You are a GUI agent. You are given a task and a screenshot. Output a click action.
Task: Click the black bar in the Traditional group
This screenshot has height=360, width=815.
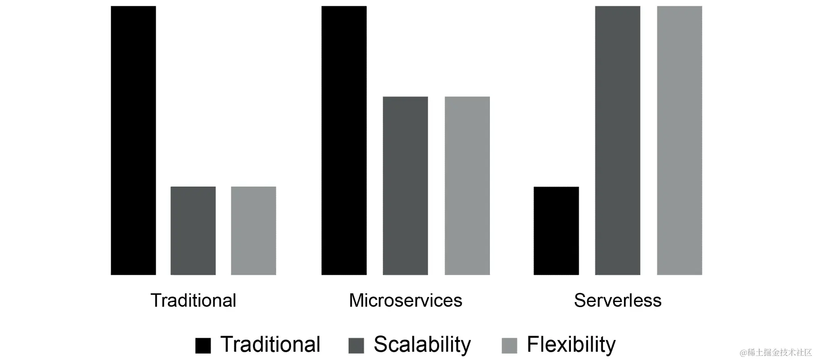point(133,140)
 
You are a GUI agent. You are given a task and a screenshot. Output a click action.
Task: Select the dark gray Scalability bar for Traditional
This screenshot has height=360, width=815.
point(193,230)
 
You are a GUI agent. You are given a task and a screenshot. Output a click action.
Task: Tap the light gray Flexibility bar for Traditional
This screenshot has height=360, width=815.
point(253,230)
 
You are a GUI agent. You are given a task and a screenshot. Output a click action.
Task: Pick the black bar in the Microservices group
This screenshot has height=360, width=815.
point(344,140)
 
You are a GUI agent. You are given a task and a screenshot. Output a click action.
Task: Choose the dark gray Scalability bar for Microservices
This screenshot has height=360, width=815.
point(405,186)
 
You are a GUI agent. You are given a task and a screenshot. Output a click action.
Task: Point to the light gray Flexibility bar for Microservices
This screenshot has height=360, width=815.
point(467,186)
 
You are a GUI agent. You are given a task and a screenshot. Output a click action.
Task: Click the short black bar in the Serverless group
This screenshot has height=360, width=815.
point(556,230)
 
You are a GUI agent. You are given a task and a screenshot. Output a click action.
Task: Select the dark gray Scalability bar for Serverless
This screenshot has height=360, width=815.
point(618,140)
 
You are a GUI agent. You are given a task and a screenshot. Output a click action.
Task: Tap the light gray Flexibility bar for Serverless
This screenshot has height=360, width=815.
point(679,140)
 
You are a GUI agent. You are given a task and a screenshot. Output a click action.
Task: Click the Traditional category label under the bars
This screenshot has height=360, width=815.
point(193,301)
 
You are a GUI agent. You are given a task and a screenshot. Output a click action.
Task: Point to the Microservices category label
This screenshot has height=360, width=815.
point(405,301)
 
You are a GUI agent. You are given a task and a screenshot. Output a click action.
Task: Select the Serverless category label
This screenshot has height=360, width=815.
point(618,301)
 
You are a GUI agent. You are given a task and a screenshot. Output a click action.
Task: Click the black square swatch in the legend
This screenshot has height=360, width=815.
point(203,346)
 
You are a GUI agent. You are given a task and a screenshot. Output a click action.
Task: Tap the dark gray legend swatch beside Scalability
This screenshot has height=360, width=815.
point(356,346)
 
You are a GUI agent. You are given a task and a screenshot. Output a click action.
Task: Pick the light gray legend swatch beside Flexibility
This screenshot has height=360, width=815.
point(509,346)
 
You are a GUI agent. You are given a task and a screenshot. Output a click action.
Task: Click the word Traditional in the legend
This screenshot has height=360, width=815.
point(270,345)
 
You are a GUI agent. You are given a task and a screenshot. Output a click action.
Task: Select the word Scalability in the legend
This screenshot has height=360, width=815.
point(422,345)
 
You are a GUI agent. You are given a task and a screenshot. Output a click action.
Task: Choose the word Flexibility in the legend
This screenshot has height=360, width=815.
point(571,345)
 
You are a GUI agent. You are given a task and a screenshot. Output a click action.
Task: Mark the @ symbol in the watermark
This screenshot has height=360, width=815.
point(743,353)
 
